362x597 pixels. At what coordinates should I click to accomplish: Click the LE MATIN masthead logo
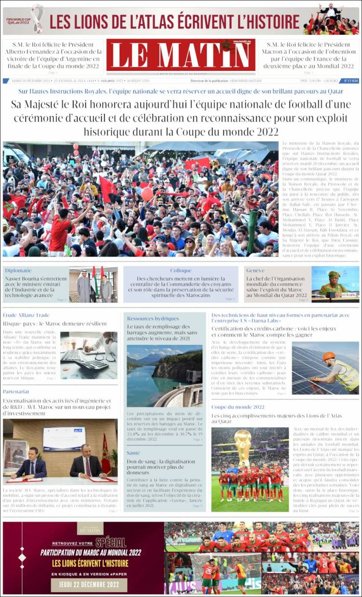coord(181,54)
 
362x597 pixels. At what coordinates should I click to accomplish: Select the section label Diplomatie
coord(18,271)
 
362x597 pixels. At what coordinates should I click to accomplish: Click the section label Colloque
coord(181,271)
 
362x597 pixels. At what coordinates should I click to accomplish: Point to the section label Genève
coord(255,271)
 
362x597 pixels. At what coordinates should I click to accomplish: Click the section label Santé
coord(133,453)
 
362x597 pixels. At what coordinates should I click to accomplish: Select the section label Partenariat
coord(16,392)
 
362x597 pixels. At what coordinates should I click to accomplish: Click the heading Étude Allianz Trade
coord(26,315)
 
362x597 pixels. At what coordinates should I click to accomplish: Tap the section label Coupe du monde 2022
coord(238,407)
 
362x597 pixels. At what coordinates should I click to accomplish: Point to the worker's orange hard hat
coord(329,356)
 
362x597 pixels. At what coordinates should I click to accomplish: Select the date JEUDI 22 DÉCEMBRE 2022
coord(82,584)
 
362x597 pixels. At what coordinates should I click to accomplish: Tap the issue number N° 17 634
coord(350,81)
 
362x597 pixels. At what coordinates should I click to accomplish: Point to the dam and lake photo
coord(164,376)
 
